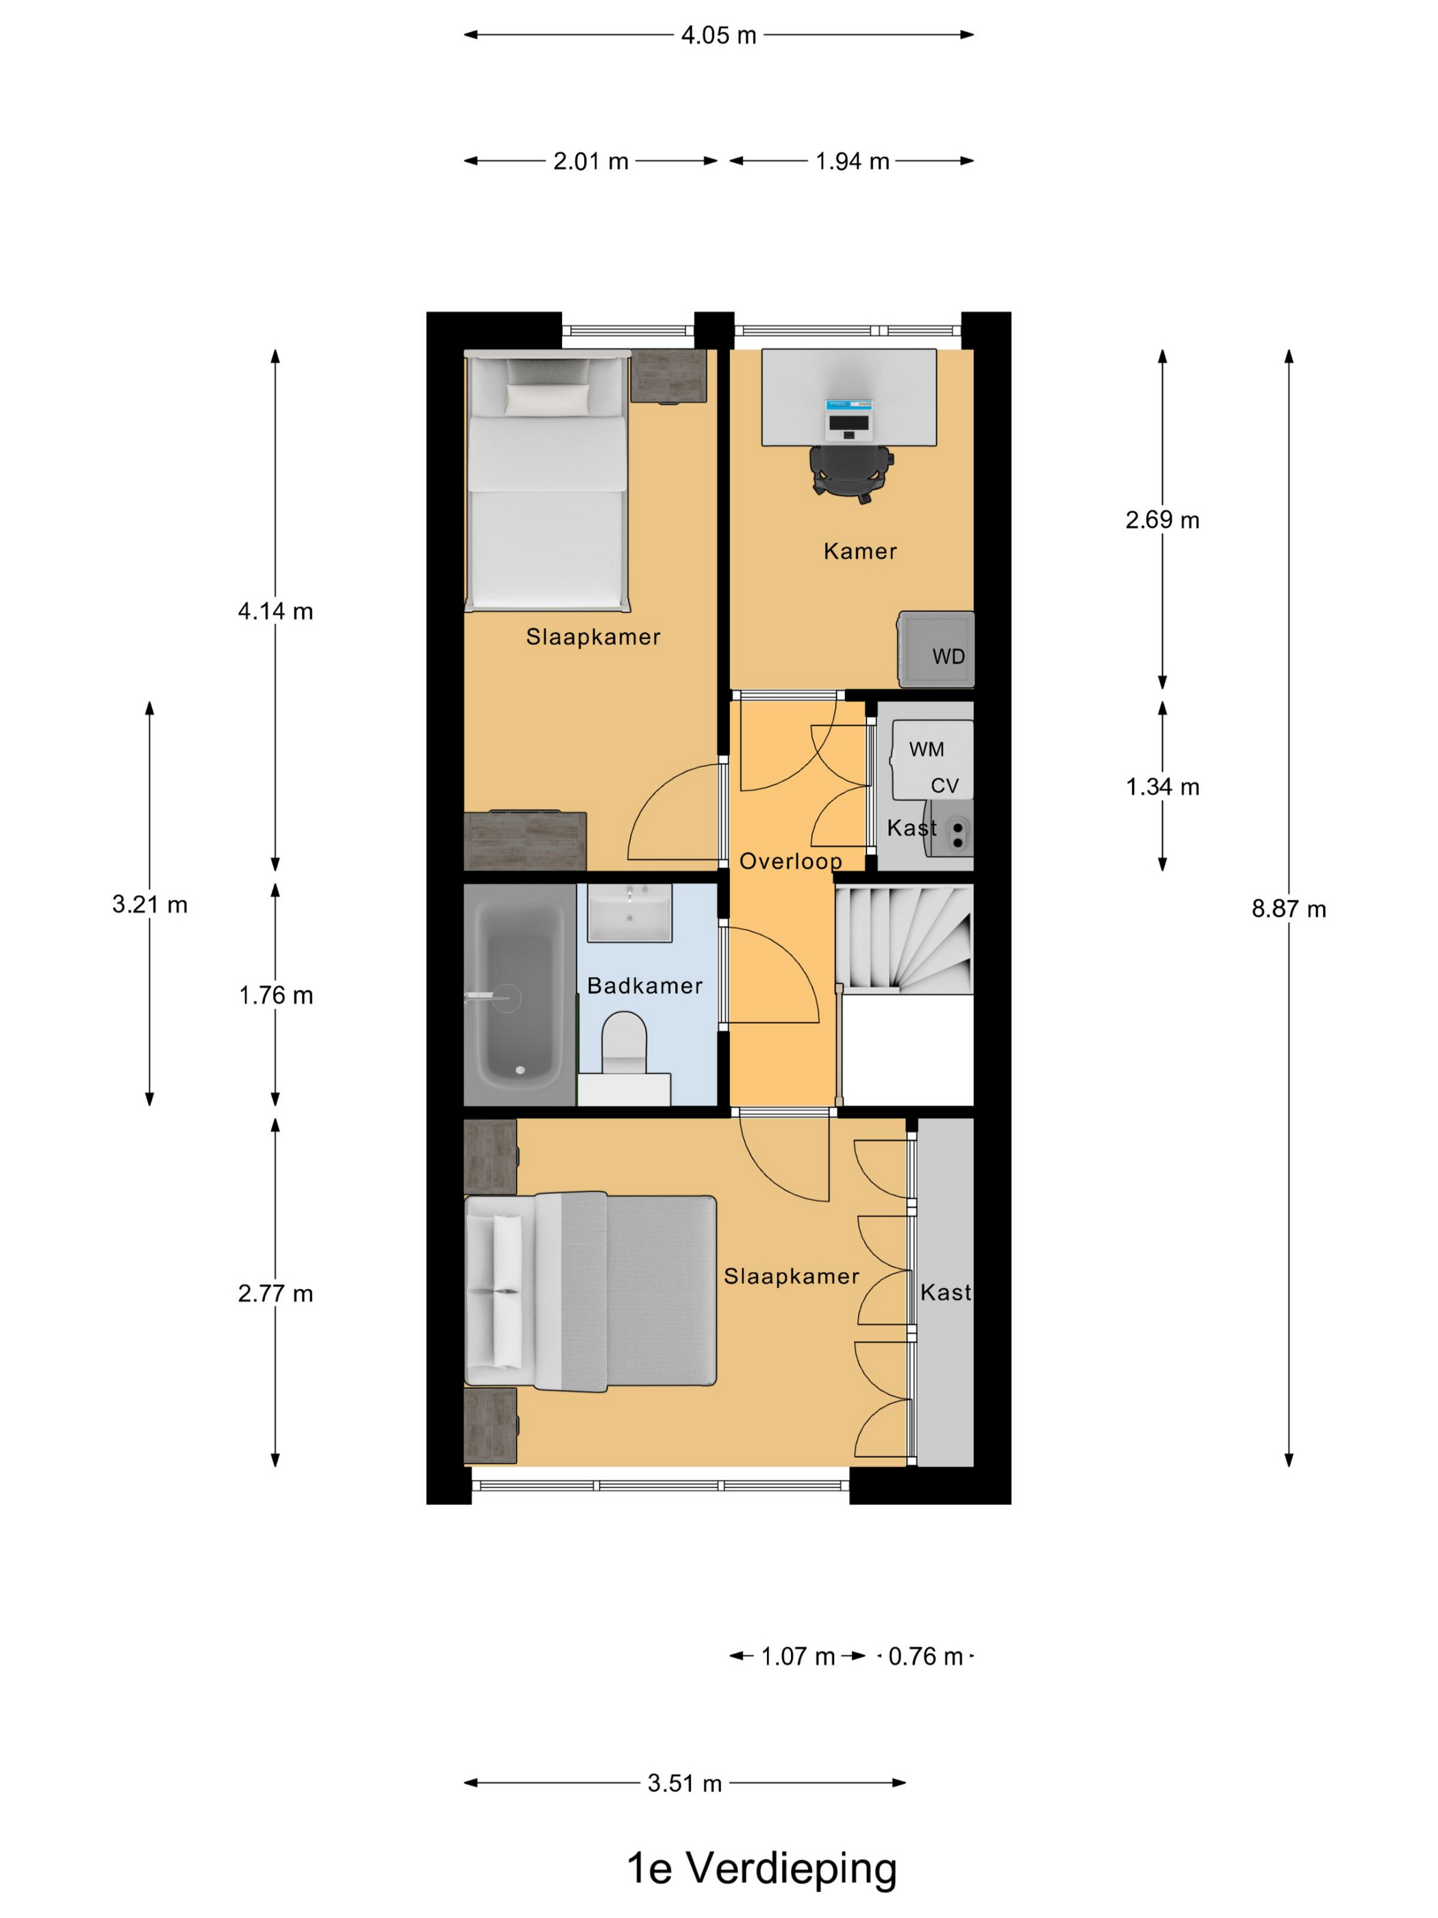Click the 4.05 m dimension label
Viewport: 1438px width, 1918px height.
[x=718, y=36]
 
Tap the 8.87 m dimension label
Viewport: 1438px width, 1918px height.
[x=1288, y=909]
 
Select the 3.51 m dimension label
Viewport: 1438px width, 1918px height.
[x=684, y=1784]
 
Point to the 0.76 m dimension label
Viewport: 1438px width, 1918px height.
[x=925, y=1657]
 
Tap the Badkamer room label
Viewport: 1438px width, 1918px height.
[x=644, y=986]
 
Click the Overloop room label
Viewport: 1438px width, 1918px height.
[x=790, y=861]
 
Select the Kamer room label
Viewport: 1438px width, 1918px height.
[x=860, y=551]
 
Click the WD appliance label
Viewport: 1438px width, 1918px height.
[x=948, y=657]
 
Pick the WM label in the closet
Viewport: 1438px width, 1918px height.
[x=926, y=749]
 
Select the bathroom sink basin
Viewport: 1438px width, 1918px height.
[x=629, y=913]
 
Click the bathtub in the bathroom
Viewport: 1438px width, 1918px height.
[x=519, y=995]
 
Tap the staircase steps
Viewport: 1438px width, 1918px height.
[x=903, y=939]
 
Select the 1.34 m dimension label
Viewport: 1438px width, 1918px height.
[x=1162, y=787]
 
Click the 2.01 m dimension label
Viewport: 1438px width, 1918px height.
[x=590, y=161]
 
